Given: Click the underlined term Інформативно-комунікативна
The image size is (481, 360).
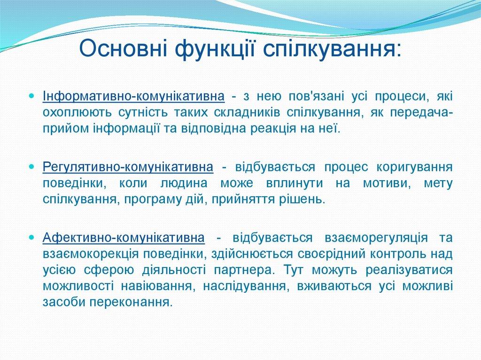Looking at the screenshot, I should pyautogui.click(x=133, y=97).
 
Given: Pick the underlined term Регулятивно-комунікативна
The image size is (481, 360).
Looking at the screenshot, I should pyautogui.click(x=127, y=167).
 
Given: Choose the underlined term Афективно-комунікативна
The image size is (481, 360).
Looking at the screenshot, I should pyautogui.click(x=124, y=237).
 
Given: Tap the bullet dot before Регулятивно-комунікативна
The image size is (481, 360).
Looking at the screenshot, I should pyautogui.click(x=31, y=167).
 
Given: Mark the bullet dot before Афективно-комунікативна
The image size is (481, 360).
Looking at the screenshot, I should pyautogui.click(x=31, y=237).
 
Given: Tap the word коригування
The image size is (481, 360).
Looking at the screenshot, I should pyautogui.click(x=414, y=167).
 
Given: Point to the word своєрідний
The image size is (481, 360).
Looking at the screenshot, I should pyautogui.click(x=322, y=253).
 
